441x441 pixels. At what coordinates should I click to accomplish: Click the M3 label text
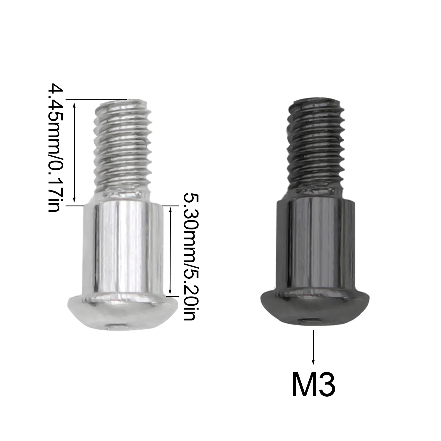pos(313,384)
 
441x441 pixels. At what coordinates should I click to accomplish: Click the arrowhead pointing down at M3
pos(314,362)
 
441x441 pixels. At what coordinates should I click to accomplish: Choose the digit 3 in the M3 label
pos(327,384)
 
